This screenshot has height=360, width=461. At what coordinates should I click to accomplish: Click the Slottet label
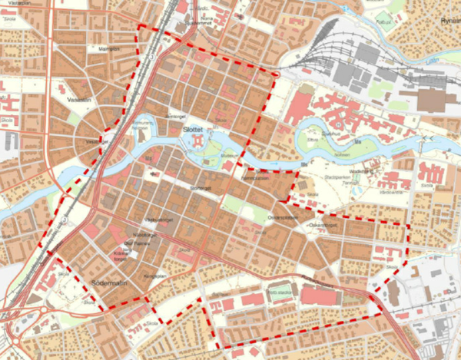point(194,131)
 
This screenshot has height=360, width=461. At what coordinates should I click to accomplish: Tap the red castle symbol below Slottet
point(198,142)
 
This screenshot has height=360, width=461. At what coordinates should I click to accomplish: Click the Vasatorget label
point(94,141)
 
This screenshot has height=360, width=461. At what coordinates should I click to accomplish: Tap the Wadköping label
point(360,171)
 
